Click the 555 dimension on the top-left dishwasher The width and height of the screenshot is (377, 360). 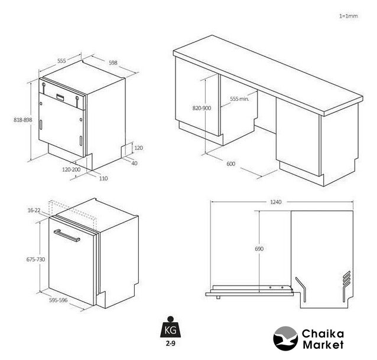coord(61,61)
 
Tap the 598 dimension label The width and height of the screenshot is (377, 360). coord(113,63)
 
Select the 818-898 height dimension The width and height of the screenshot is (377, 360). coord(23,120)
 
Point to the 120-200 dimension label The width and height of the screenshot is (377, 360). coord(71,169)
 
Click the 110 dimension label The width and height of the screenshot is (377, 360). coord(103,178)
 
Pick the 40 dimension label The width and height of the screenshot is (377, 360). coord(134,163)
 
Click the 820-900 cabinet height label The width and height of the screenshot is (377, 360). coord(201,108)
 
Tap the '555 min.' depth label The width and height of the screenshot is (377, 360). coord(239,99)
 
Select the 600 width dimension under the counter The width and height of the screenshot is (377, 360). coord(231,164)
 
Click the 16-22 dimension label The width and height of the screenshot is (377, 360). coord(34,210)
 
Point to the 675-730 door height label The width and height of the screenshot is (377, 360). coord(35,259)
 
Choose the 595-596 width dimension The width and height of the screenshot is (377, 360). coord(58,300)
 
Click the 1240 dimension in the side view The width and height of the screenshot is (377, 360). coord(275,202)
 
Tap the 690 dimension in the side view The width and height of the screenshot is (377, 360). coord(259,249)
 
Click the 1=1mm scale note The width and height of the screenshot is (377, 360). coord(349,16)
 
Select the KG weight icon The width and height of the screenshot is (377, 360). coord(170,327)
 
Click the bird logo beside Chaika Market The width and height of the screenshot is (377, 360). coord(285,338)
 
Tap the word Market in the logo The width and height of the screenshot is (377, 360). coord(323,345)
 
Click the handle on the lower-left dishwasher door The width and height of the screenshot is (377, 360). coord(67,235)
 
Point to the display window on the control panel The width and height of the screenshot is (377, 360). coord(60,97)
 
